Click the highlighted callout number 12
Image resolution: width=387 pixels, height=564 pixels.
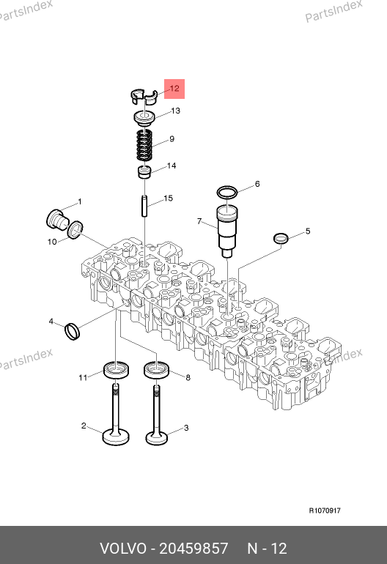(x=174, y=89)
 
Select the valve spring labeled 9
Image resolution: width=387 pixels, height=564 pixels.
(x=144, y=144)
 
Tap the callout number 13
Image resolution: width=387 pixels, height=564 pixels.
(x=175, y=111)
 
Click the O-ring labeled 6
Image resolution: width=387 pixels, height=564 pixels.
(x=227, y=193)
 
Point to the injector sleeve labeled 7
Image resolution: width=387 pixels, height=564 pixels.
(x=227, y=230)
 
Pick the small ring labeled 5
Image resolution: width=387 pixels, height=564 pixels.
(x=281, y=238)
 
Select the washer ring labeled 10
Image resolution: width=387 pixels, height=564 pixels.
(x=75, y=230)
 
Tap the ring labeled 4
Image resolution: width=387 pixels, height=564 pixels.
(x=73, y=331)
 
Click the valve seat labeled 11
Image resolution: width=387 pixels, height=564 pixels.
(x=116, y=370)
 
